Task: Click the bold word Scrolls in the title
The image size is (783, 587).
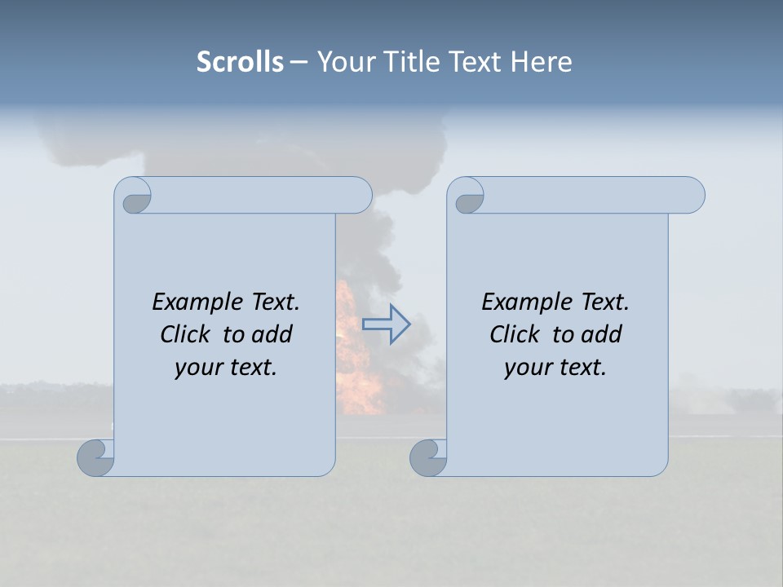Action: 240,62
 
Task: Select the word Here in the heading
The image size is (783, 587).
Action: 542,62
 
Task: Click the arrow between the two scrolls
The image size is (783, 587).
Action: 386,324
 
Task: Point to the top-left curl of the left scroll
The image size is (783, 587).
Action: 134,196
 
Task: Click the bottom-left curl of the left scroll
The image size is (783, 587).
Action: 95,457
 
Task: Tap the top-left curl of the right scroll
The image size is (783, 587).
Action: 467,196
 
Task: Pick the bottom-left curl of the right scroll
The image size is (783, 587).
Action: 428,457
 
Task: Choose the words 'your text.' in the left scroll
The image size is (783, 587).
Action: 226,368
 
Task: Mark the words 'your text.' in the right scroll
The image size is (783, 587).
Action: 555,368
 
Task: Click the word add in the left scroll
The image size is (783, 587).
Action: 272,334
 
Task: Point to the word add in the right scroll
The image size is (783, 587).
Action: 601,334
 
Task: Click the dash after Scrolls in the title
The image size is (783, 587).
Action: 299,63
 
